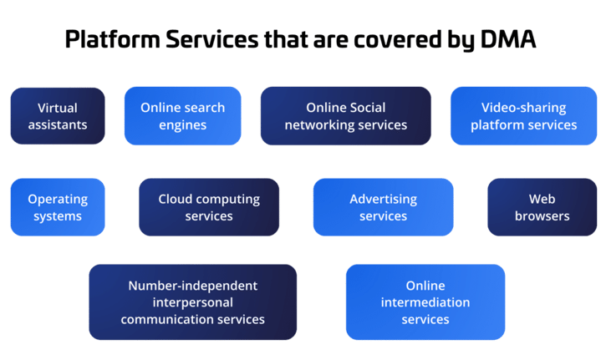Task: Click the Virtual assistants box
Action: tap(58, 116)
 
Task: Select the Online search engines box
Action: tap(183, 116)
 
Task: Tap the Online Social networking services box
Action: tap(345, 116)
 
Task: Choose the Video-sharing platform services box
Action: tap(523, 116)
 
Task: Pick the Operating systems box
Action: tap(58, 207)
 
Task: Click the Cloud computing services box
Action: tap(209, 207)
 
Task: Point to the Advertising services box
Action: tap(383, 207)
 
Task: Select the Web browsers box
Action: tap(542, 207)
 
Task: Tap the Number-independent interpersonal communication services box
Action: tap(192, 302)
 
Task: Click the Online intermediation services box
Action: tap(425, 302)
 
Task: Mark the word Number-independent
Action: tap(192, 286)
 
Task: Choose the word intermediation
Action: tap(425, 302)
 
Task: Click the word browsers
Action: tap(542, 215)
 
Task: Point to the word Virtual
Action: tap(58, 108)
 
